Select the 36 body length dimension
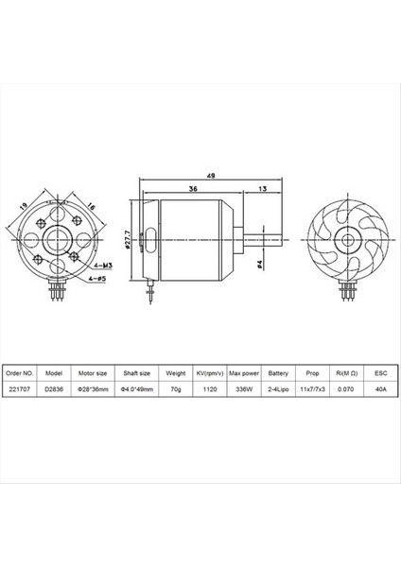coord(193,188)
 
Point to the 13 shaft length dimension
coord(261,188)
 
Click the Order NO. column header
coord(22,372)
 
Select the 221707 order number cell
coord(22,387)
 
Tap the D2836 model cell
coord(56,387)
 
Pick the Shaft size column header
coord(138,372)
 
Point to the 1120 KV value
coord(212,387)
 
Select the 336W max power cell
coord(245,387)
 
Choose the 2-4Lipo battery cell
coord(279,387)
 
